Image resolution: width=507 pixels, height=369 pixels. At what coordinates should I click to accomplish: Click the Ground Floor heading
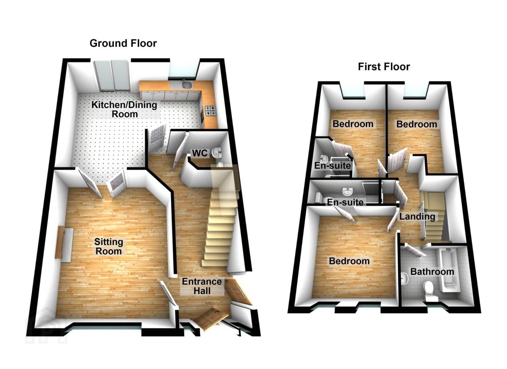(x=123, y=43)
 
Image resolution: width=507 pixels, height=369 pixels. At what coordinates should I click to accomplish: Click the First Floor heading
(x=384, y=67)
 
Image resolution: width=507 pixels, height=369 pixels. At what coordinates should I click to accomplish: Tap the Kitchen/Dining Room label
(x=124, y=109)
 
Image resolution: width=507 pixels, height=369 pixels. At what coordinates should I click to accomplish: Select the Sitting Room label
(x=109, y=246)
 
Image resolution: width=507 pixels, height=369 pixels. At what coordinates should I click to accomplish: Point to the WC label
(x=200, y=153)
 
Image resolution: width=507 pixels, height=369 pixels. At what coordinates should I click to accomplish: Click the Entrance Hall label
(x=202, y=286)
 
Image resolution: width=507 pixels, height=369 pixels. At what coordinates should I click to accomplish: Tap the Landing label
(x=417, y=217)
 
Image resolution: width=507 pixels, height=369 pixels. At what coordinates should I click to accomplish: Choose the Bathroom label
(x=432, y=272)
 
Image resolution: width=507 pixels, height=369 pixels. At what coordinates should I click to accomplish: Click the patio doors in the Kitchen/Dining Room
(x=112, y=76)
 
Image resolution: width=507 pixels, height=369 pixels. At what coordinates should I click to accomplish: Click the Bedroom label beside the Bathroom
(x=349, y=261)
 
